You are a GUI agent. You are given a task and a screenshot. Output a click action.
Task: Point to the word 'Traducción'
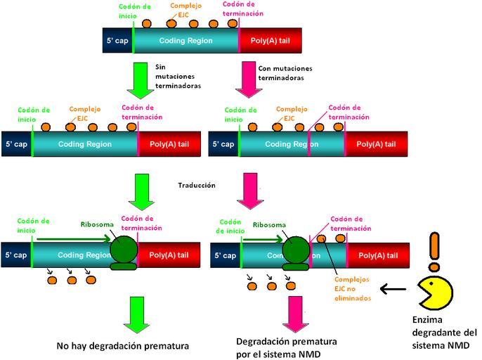pyautogui.click(x=196, y=185)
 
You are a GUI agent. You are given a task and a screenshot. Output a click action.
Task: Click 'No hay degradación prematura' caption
pyautogui.click(x=123, y=346)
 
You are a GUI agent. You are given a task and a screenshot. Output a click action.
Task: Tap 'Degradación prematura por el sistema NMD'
pyautogui.click(x=286, y=347)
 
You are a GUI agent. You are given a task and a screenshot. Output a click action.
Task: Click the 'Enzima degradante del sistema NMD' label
pyautogui.click(x=444, y=333)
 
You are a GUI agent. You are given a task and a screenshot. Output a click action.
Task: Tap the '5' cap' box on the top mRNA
pyautogui.click(x=117, y=41)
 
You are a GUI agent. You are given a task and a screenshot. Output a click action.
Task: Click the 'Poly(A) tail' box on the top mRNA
pyautogui.click(x=271, y=41)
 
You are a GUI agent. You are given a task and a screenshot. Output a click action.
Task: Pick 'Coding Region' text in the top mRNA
pyautogui.click(x=186, y=41)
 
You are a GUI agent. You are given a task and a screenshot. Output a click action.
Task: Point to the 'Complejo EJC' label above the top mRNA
pyautogui.click(x=190, y=10)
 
